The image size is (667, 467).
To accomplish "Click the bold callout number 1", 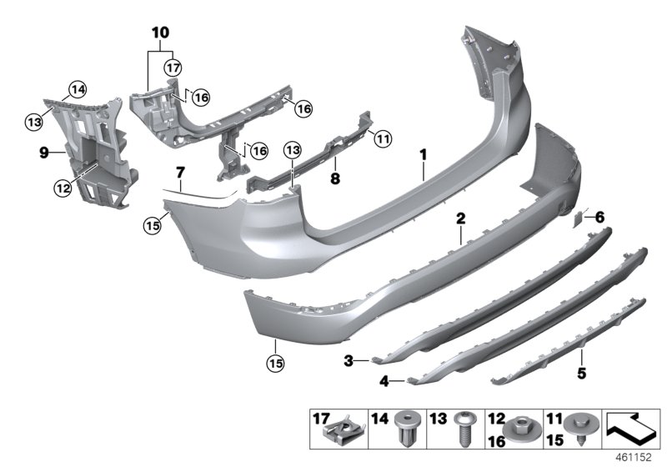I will tap(424, 154).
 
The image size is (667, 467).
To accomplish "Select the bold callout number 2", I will tap(459, 218).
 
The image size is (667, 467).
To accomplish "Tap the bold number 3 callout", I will tap(351, 360).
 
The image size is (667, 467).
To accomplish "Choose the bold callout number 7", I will tap(179, 173).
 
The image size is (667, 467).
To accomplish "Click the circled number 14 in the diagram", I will tap(77, 89).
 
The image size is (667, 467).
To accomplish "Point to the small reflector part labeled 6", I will tap(577, 218).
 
